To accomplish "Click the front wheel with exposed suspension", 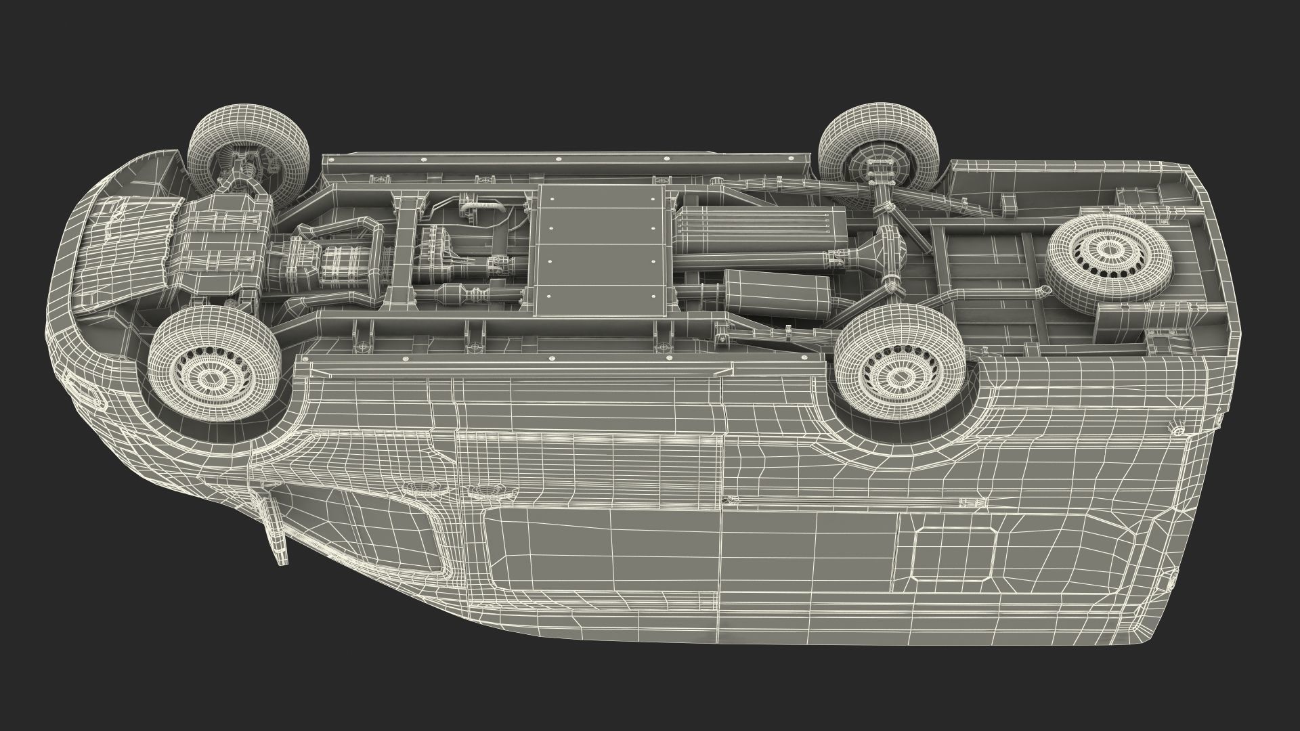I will coord(248,160).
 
